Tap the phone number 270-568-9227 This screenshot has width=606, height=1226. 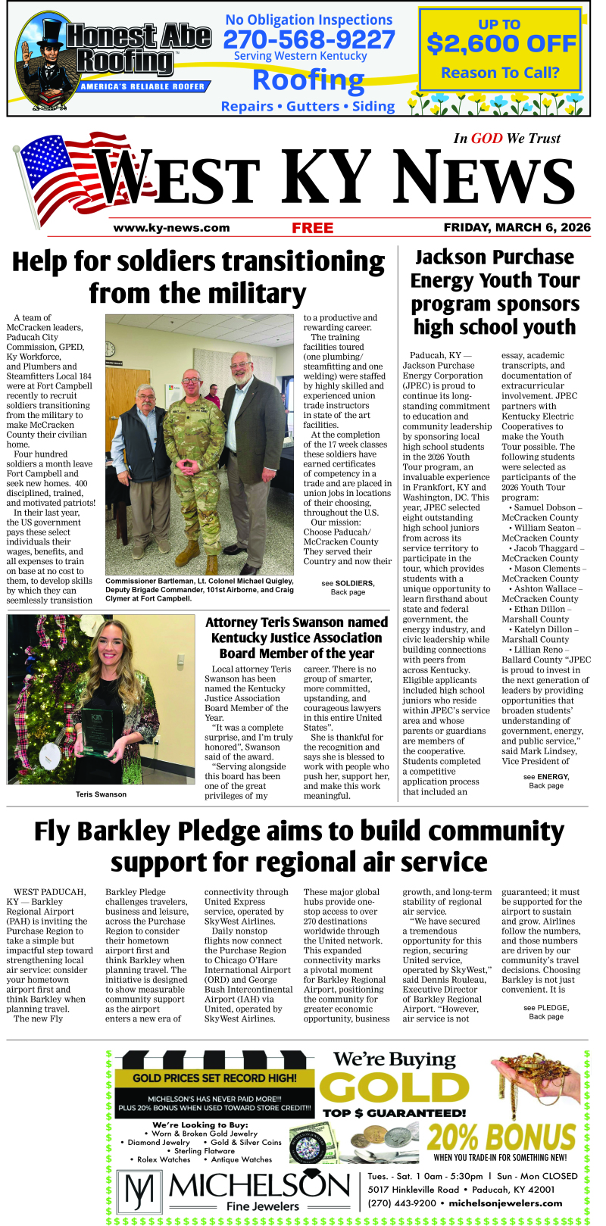click(x=309, y=39)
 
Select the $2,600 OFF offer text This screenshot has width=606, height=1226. click(x=501, y=44)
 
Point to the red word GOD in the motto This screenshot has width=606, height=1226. click(x=486, y=139)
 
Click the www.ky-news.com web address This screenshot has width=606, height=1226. click(x=171, y=228)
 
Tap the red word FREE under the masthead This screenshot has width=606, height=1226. click(x=312, y=228)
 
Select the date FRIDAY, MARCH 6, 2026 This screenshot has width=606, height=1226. click(x=517, y=227)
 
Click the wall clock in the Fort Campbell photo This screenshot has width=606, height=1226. click(x=111, y=348)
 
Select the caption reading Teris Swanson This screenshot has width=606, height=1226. click(x=101, y=794)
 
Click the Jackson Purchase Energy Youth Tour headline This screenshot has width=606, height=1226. click(x=495, y=292)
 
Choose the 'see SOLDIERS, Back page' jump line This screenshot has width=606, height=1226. click(x=348, y=588)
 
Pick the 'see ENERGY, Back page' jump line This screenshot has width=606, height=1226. click(x=545, y=781)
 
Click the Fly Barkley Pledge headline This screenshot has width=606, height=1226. click(x=299, y=847)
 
